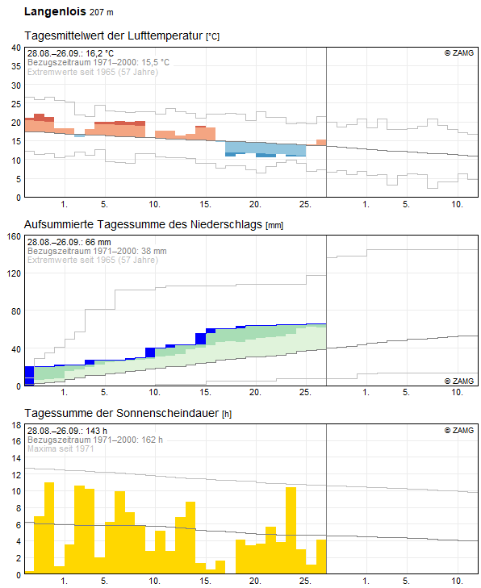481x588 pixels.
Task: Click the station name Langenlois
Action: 55,11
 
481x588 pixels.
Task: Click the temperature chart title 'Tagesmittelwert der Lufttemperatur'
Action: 114,35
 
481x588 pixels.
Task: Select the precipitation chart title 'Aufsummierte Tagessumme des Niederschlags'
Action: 143,224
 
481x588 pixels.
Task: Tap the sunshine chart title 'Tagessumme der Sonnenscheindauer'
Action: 122,413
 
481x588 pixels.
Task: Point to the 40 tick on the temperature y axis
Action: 16,48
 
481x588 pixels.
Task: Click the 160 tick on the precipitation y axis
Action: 14,236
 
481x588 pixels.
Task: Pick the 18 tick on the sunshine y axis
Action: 16,425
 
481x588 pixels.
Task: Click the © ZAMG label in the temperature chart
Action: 459,53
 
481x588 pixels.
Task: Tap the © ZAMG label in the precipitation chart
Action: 459,381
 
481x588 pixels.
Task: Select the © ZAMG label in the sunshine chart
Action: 459,430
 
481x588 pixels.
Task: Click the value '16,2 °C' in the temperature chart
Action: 99,53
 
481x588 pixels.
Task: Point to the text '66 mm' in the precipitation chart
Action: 98,242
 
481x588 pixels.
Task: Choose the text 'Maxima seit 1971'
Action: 61,448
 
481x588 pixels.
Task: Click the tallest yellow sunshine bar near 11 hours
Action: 49,528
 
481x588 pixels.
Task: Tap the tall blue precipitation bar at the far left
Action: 29,376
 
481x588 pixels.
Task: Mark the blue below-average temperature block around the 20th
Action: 266,149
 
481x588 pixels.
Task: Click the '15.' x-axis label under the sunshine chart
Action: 205,581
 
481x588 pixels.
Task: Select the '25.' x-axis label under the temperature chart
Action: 305,204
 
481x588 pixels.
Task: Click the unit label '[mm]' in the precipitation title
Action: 274,226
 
